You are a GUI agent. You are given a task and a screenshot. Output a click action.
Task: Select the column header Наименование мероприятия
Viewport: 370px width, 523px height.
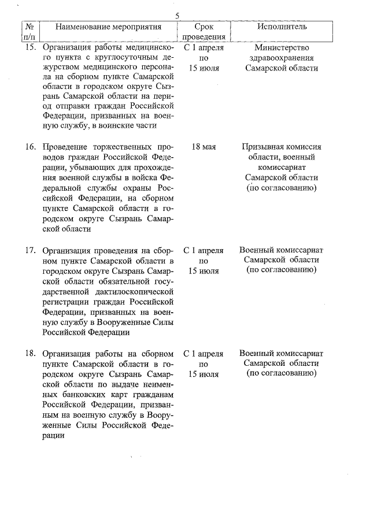click(x=108, y=27)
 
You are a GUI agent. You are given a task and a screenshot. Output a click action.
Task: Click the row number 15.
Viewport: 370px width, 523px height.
click(x=30, y=47)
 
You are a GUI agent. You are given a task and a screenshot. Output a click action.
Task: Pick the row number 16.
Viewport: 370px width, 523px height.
click(x=30, y=147)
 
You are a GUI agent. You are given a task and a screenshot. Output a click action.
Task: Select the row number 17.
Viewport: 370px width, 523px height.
click(x=30, y=250)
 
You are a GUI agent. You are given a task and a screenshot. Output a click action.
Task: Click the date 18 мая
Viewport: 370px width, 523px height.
click(x=203, y=147)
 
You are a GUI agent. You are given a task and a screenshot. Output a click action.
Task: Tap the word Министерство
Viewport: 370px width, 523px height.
click(x=282, y=47)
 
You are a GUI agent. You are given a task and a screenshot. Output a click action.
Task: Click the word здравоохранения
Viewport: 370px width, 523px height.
click(x=282, y=58)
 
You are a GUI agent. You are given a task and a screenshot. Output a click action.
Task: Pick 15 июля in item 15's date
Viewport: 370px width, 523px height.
click(x=203, y=68)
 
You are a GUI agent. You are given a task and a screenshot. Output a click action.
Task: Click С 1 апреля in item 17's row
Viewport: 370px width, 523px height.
click(x=203, y=250)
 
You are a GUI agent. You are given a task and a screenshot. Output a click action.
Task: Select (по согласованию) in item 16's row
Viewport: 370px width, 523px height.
click(x=282, y=188)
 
